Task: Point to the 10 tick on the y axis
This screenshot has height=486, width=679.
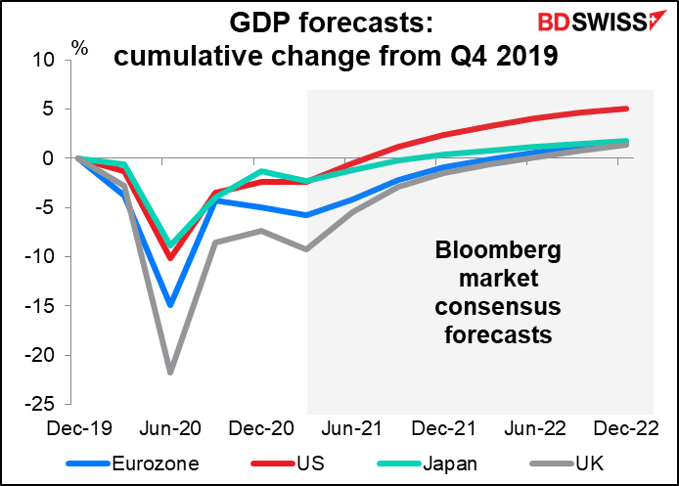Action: click(x=44, y=59)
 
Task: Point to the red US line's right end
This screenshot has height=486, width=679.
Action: click(x=626, y=109)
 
